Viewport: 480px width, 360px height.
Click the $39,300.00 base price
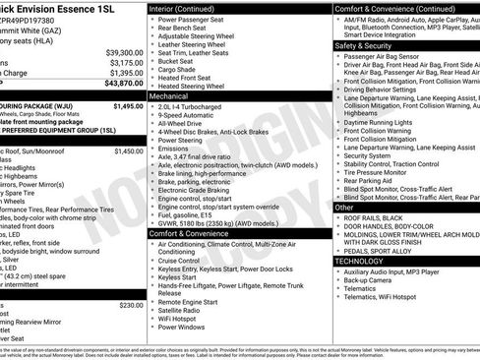coord(116,52)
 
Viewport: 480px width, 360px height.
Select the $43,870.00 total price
coord(116,85)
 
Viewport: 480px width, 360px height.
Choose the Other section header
coord(344,208)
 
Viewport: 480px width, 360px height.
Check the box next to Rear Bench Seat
coord(152,30)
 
